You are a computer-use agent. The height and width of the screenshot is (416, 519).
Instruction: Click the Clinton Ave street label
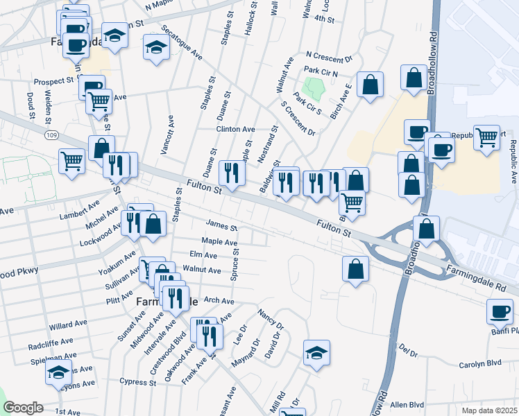point(236,130)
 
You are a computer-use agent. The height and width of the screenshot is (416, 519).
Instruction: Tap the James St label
point(222,226)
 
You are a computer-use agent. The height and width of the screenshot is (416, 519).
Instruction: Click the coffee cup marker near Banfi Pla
point(500,311)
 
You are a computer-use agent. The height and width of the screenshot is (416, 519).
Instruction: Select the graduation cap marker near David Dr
point(316,352)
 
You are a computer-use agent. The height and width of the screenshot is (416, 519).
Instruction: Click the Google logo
point(23,408)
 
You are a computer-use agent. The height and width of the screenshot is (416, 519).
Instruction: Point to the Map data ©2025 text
point(489,410)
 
